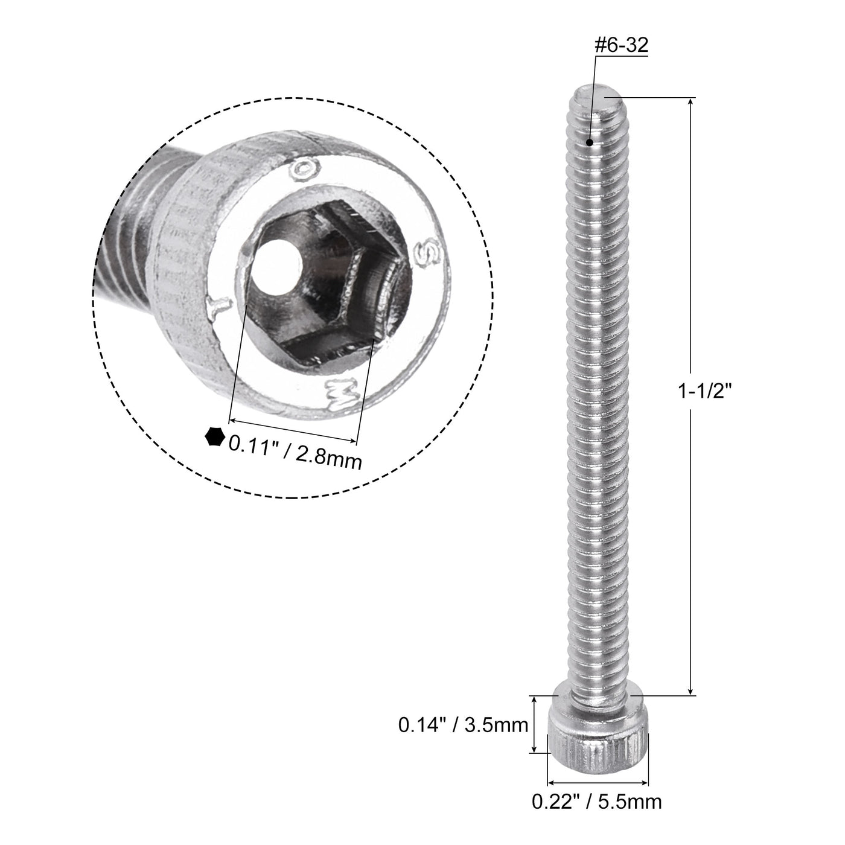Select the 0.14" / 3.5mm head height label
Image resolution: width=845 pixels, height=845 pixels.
[x=463, y=724]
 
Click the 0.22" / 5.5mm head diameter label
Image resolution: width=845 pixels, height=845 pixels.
[x=596, y=802]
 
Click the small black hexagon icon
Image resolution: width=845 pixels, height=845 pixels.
[x=214, y=436]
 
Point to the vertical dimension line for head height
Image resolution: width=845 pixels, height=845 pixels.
[x=534, y=724]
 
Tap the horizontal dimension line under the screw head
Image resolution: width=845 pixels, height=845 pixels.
[x=598, y=779]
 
